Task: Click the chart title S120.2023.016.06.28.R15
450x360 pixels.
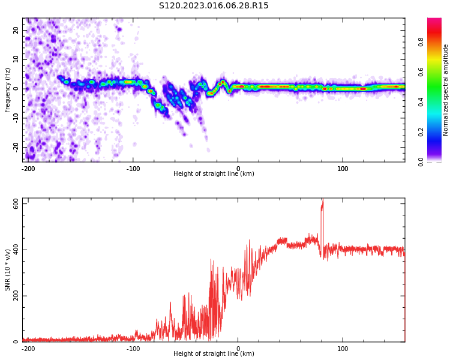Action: coord(214,5)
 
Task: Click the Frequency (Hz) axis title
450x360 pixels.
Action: coord(8,89)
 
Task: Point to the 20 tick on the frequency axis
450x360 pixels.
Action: coord(16,30)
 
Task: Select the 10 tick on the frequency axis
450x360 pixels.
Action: coord(16,59)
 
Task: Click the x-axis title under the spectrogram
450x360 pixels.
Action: coord(214,174)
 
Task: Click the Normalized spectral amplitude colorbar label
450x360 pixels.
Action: coord(446,90)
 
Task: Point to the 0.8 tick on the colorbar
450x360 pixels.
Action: coord(421,42)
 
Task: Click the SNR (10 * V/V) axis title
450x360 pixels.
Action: coord(8,270)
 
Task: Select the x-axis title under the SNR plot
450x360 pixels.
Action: coord(214,354)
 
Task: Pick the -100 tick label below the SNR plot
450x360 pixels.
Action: coord(133,349)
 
